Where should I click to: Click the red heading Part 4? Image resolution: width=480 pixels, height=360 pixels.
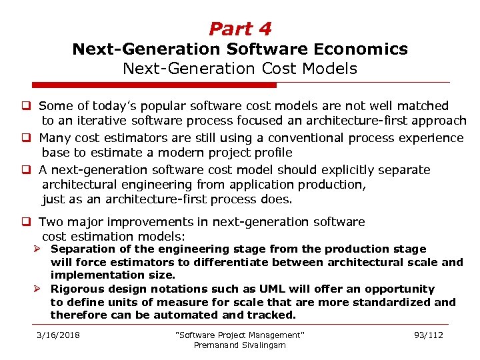[240, 29]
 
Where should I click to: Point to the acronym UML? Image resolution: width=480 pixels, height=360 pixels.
[281, 289]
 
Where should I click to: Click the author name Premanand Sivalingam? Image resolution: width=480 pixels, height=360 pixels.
[239, 345]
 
